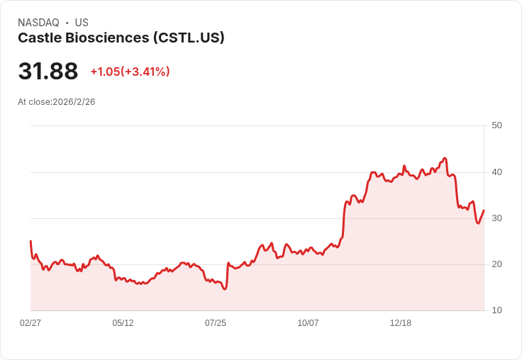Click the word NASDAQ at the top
coord(38,23)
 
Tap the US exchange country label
coord(82,23)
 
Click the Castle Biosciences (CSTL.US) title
coord(121,38)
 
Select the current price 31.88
coord(48,71)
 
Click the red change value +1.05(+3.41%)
coord(130,72)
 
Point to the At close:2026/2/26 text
coord(57,101)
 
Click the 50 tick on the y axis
coord(496,125)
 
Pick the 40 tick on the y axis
coord(496,172)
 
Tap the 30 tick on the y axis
coord(496,218)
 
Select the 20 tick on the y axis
coord(496,264)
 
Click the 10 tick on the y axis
coord(496,310)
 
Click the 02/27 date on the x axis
coord(30,323)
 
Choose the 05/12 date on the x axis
coord(123,323)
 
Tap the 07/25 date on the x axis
coord(216,323)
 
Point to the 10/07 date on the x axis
coord(308,323)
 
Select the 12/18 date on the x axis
coord(401,323)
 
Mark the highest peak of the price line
coord(445,158)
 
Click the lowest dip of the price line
coord(225,289)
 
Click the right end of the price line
coord(484,210)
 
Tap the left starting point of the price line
coord(30,241)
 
